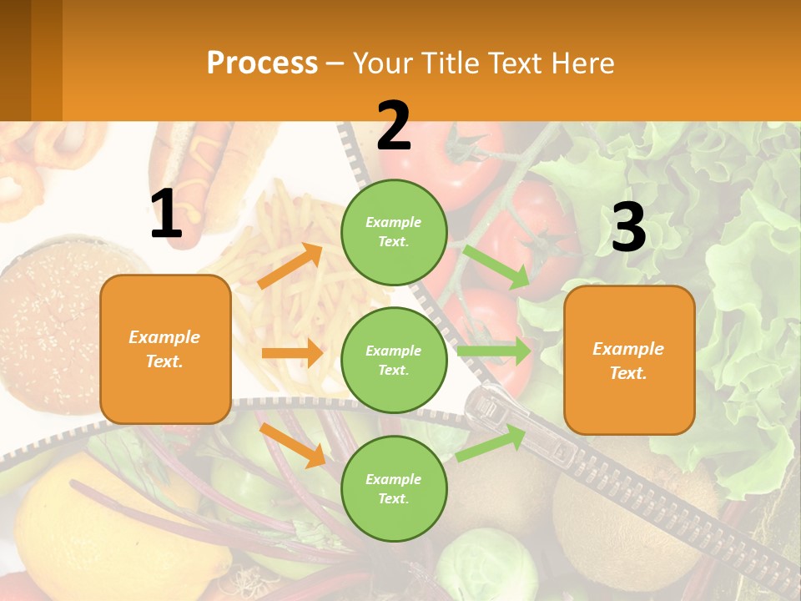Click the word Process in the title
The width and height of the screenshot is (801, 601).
(262, 63)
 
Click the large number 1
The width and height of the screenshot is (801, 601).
(166, 215)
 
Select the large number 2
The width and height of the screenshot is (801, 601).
(394, 126)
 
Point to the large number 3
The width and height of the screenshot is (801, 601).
(628, 227)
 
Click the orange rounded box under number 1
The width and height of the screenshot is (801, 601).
(165, 349)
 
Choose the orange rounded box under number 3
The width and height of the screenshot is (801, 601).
(629, 360)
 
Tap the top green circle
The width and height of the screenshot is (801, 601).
(394, 231)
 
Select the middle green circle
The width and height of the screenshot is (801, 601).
(394, 360)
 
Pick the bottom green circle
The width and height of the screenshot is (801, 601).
(394, 488)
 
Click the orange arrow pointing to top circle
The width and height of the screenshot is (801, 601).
(290, 266)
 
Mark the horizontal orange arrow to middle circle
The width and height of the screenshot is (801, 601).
(292, 353)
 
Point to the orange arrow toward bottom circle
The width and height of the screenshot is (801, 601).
(292, 444)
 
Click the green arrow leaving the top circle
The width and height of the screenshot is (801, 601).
(497, 266)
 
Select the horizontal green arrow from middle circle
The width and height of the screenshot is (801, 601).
(494, 351)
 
